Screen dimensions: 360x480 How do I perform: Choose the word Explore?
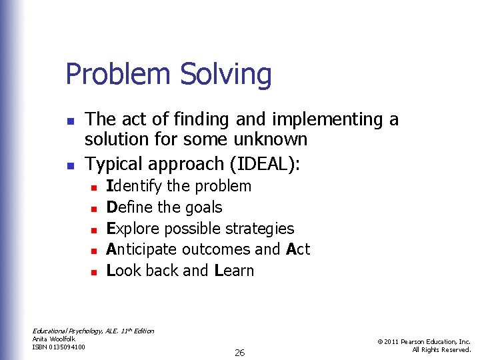[x=133, y=229]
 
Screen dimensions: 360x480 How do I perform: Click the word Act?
[x=298, y=249]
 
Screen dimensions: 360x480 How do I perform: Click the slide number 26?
[x=239, y=353]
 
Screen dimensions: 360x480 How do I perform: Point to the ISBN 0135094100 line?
[x=59, y=347]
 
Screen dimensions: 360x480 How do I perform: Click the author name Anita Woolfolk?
[x=54, y=339]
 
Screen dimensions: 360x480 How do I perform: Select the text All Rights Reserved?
[x=441, y=350]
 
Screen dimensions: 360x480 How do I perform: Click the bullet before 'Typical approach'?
[x=69, y=164]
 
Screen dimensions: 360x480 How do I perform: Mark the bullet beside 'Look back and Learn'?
[x=94, y=272]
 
